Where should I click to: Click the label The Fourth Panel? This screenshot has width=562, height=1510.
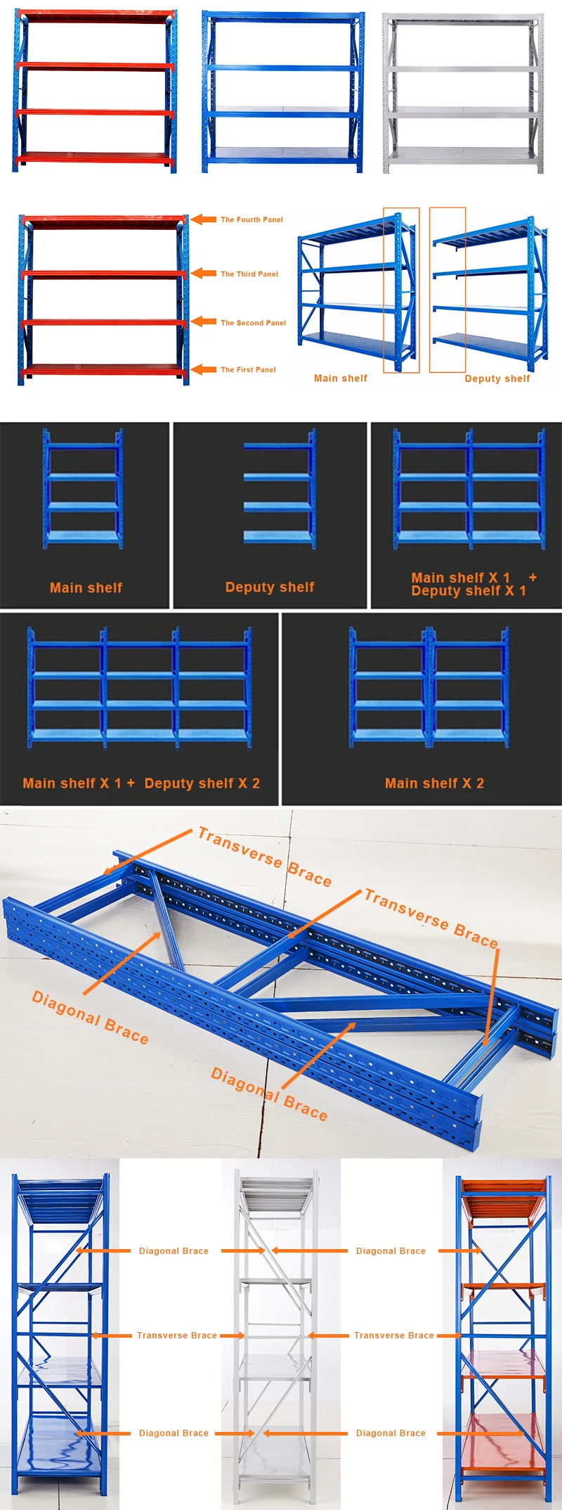coord(251,219)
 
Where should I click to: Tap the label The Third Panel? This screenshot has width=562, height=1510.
coord(249,274)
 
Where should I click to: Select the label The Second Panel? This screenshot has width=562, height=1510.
coord(253,323)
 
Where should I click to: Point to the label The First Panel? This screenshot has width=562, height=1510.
coord(248,369)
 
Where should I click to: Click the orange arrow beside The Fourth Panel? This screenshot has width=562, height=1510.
coord(204,219)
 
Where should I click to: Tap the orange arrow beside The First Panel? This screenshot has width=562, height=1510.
coord(204,369)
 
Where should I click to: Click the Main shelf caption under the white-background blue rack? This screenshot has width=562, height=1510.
coord(340,378)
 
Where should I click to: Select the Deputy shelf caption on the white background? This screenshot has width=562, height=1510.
coord(497,378)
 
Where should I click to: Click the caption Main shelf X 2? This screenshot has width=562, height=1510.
coord(434,783)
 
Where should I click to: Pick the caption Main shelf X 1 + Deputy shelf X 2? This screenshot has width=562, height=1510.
coord(141,783)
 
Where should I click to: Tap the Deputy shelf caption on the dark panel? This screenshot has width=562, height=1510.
coord(270,587)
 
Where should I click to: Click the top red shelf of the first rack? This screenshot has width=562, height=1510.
coord(95,15)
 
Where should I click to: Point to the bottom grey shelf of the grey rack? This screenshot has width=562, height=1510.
coord(462,154)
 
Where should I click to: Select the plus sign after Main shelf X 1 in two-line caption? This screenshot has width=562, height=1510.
coord(532,577)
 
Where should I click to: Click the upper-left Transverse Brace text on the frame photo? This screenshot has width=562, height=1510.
coord(264,857)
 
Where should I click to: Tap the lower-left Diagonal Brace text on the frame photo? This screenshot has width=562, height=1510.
coord(90,1018)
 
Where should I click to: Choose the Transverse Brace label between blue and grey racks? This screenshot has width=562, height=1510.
coord(176,1335)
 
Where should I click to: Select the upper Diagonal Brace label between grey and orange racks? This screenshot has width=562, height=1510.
coord(391,1250)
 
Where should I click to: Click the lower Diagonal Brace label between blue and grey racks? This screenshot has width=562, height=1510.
coord(174,1433)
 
